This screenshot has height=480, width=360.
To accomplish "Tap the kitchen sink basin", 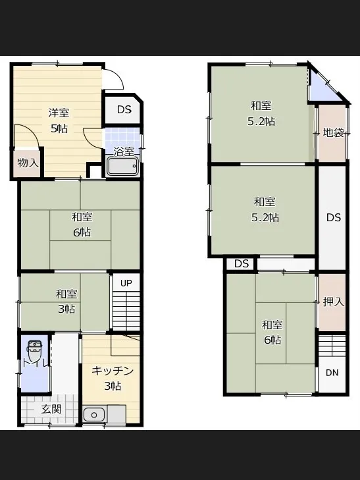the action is (x=94, y=415).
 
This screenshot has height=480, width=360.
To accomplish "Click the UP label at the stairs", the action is (x=126, y=283).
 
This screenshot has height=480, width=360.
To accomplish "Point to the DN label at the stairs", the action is (x=332, y=373).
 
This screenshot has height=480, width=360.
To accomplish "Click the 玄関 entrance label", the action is (x=52, y=410).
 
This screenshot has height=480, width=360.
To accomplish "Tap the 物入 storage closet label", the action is (x=28, y=163).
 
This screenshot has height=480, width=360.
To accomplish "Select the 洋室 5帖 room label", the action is (x=59, y=120).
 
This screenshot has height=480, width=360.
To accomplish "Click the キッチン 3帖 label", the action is (x=113, y=379).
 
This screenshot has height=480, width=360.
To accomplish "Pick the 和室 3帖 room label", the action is (x=66, y=302).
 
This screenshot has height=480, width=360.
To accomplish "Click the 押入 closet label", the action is (x=334, y=302).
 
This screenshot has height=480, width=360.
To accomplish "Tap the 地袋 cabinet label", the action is (x=334, y=132).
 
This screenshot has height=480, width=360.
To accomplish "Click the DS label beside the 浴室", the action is (x=124, y=109).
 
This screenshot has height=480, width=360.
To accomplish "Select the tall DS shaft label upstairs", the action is (x=334, y=217).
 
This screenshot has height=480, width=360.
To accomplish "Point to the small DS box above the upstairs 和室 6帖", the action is (x=242, y=263).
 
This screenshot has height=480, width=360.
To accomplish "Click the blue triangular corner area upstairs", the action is (x=322, y=89).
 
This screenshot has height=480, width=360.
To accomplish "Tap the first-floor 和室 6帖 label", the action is (x=82, y=225).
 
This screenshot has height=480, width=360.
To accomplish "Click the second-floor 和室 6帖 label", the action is (x=272, y=333).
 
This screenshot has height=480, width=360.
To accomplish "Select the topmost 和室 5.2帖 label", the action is (x=261, y=114).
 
